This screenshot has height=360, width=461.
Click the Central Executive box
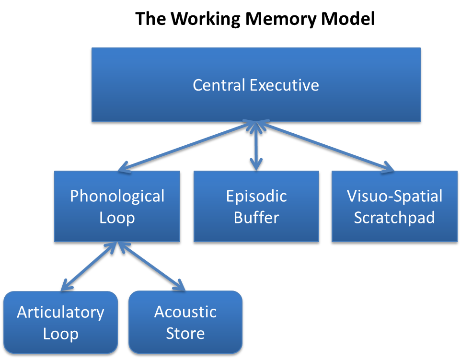pyautogui.click(x=256, y=103)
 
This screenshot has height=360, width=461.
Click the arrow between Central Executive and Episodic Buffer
pyautogui.click(x=257, y=146)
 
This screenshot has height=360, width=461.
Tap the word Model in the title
pyautogui.click(x=349, y=19)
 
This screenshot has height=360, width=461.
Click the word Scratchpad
pyautogui.click(x=394, y=218)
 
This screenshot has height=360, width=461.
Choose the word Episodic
pyautogui.click(x=256, y=196)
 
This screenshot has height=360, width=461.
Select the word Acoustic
pyautogui.click(x=185, y=312)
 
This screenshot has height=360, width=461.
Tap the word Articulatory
pyautogui.click(x=60, y=313)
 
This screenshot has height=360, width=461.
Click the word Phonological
pyautogui.click(x=117, y=196)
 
